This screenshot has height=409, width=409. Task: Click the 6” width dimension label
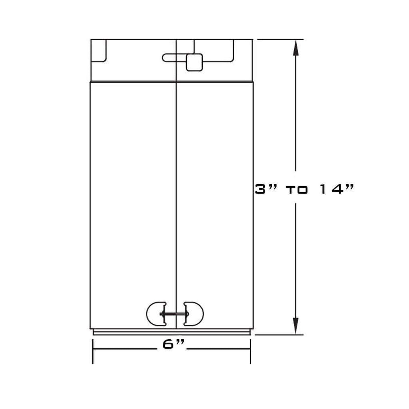pos(173,344)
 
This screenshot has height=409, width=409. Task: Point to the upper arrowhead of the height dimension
pos(296,48)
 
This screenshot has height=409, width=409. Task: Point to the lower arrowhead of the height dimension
pos(296,326)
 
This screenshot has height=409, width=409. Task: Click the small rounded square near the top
pos(194,62)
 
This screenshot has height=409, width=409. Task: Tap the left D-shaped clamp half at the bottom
pos(156,314)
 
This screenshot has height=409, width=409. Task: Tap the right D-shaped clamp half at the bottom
pos(194,314)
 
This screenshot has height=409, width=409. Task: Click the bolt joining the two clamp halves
pos(175,314)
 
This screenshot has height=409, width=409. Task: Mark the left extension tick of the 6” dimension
pos(93,351)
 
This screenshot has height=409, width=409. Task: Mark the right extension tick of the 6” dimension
pos(251,351)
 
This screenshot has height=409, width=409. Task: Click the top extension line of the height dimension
pos(280,39)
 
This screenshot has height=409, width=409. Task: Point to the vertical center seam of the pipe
pos(176,184)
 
